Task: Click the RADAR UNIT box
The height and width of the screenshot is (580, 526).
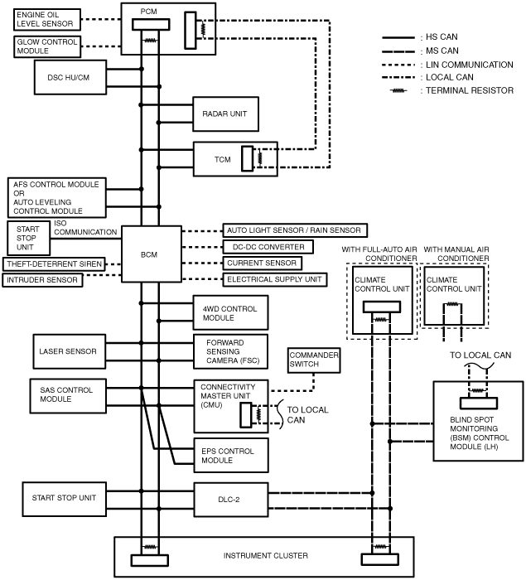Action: tap(225, 114)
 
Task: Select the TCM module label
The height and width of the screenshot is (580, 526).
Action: tap(222, 159)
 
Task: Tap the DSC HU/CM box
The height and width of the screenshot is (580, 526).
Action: tap(70, 77)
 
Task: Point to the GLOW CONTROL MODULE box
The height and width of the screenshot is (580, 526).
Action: tap(47, 46)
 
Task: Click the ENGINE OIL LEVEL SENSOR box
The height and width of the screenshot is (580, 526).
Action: tap(47, 20)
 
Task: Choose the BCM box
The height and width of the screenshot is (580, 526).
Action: tap(152, 254)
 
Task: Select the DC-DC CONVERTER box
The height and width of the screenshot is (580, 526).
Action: tap(268, 247)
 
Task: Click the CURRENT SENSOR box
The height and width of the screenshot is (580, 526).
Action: tap(262, 263)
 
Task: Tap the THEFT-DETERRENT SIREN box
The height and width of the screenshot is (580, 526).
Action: tap(54, 264)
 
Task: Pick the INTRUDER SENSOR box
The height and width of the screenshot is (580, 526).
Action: tap(42, 280)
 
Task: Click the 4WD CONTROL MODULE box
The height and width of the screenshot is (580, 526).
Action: tap(231, 312)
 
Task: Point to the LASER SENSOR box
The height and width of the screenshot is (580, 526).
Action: tap(70, 351)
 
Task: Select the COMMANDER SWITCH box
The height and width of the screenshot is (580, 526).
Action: tap(314, 360)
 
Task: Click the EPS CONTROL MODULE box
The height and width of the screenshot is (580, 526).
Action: tap(231, 456)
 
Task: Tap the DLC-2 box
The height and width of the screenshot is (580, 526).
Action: tap(231, 500)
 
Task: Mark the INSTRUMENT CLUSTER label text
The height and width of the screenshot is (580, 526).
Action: tap(266, 555)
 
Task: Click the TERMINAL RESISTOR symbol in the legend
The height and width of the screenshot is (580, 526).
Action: tap(398, 90)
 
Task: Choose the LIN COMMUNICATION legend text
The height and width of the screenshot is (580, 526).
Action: tap(470, 65)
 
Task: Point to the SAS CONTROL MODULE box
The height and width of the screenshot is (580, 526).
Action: tap(68, 396)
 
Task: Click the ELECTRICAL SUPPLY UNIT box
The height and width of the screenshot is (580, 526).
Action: tap(275, 279)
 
